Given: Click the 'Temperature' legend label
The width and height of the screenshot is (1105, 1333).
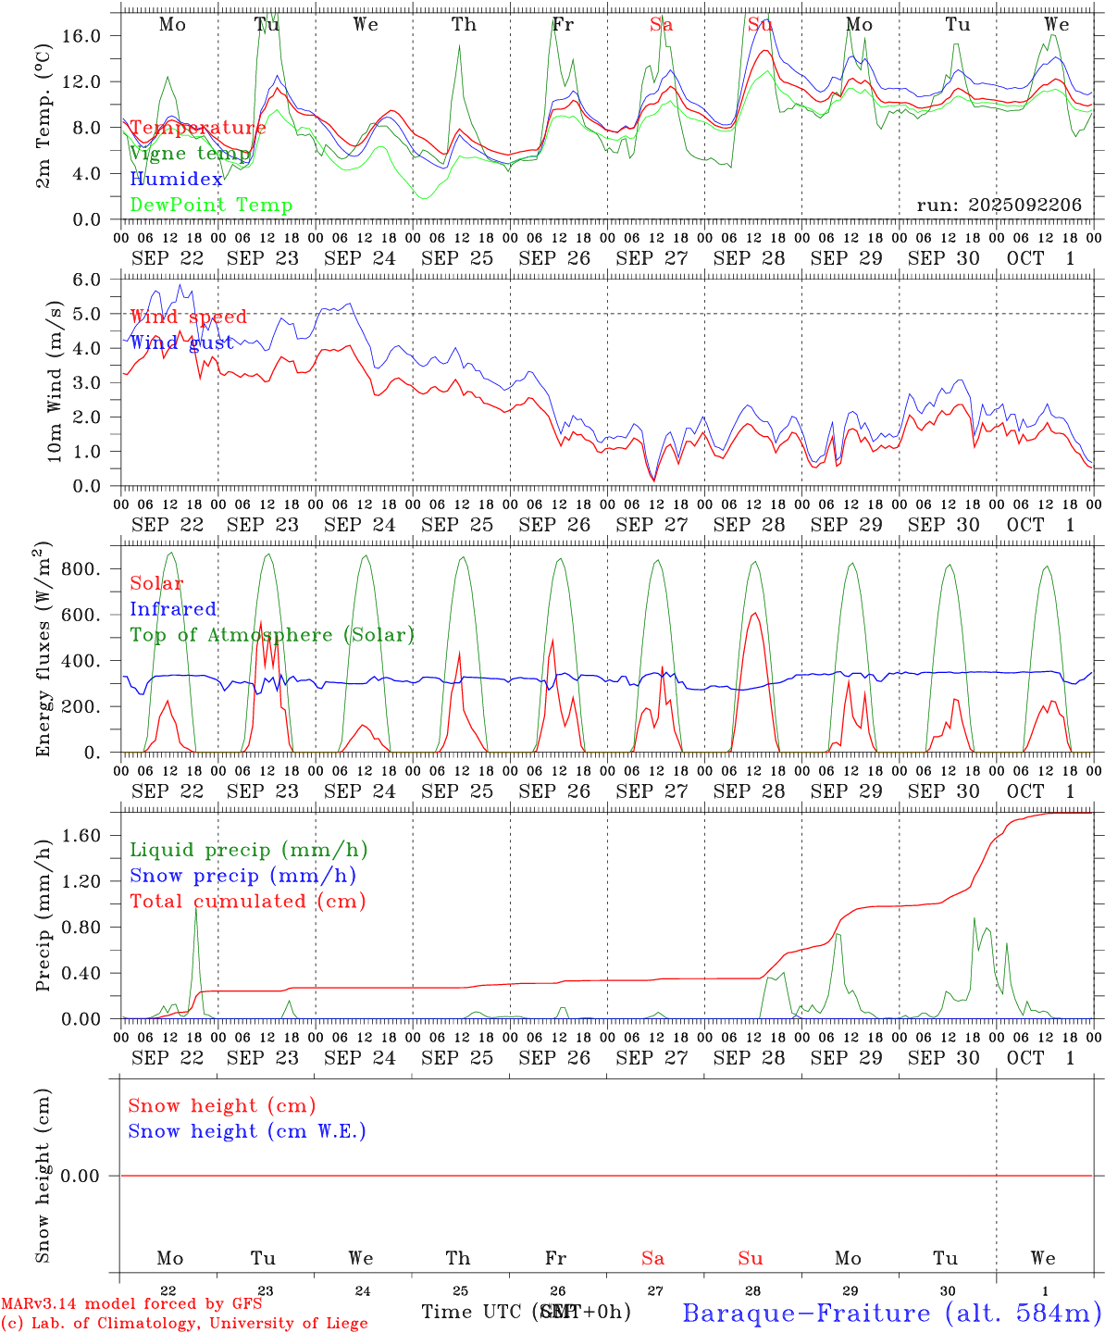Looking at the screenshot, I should point(197,128).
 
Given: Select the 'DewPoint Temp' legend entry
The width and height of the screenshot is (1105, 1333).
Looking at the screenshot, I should point(211,206).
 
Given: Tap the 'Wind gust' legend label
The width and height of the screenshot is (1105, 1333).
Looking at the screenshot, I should point(181,343).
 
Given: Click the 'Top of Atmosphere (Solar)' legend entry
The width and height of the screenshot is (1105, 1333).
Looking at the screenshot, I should point(271,635).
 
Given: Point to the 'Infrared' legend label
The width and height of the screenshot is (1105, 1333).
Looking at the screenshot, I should point(173,609).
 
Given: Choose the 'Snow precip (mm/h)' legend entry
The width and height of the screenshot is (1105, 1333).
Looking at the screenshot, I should point(242,876).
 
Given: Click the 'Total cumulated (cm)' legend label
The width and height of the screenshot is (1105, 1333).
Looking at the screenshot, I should point(247,902).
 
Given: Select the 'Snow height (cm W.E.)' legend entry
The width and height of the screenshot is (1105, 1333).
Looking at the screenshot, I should point(247,1131).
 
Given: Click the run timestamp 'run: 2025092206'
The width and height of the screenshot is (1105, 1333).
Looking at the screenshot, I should point(999,206).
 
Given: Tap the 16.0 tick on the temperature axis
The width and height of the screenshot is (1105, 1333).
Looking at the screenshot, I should point(81,35).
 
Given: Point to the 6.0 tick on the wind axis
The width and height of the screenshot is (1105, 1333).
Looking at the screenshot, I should point(88,280).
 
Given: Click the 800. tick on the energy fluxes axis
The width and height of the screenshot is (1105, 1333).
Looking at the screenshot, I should point(81,569).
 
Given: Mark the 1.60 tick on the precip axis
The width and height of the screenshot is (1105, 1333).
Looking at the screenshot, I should point(81,836).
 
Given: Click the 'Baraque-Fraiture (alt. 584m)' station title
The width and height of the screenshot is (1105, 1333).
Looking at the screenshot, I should point(891,1313).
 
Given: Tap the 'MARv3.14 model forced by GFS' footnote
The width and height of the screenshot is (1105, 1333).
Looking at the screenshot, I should point(130,1304).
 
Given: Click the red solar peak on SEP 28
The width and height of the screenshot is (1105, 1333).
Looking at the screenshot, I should point(754,613).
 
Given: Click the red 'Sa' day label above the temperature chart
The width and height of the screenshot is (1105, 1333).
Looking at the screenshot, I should point(661,25).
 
